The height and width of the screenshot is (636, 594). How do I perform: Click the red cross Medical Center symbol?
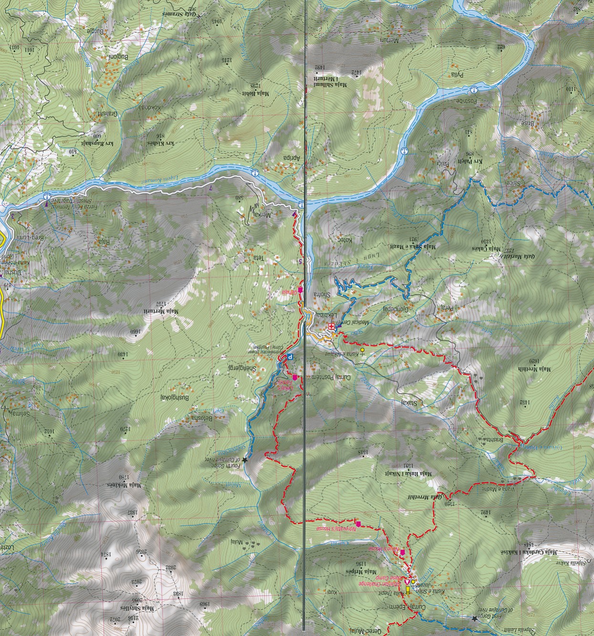(x=331, y=327)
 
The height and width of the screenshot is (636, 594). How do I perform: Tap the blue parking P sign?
(x=290, y=356)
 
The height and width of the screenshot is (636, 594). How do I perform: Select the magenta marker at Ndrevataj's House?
(x=358, y=524)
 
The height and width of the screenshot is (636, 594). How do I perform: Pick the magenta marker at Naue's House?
(x=403, y=553)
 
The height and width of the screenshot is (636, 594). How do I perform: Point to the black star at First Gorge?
(x=474, y=618)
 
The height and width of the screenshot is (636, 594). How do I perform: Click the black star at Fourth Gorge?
(x=245, y=460)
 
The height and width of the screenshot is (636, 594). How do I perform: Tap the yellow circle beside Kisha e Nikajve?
(x=362, y=350)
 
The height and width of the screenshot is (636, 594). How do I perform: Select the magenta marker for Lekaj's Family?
(x=295, y=378)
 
